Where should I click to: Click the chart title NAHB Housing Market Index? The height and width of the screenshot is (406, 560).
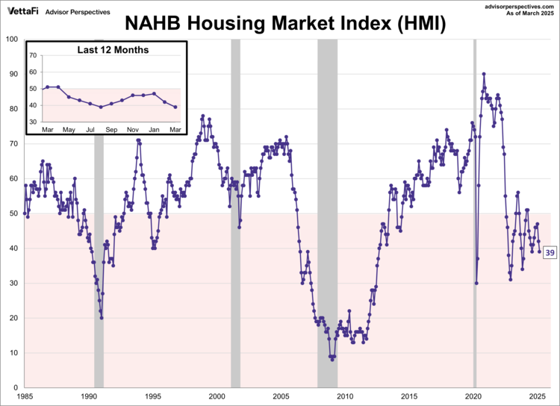(x=285, y=23)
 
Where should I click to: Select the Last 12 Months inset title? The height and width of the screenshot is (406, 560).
(x=113, y=50)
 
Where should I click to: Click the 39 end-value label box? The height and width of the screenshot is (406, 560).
(x=550, y=253)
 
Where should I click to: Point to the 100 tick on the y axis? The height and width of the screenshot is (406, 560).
(x=13, y=39)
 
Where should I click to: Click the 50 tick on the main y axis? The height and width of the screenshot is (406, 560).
(x=15, y=213)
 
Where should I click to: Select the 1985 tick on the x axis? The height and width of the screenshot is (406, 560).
(x=25, y=396)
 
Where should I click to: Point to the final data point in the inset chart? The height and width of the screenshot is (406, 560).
(x=175, y=107)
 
